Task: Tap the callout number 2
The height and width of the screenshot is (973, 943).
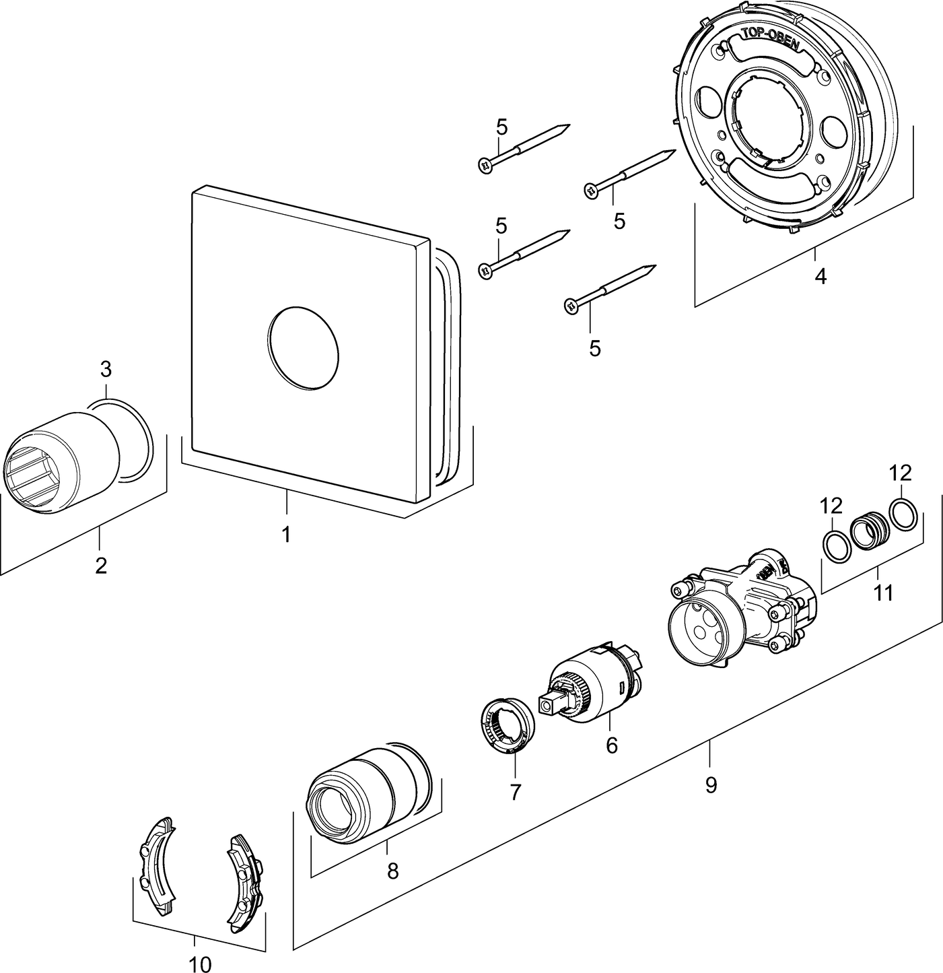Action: pyautogui.click(x=101, y=564)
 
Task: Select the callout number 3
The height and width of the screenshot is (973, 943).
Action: pyautogui.click(x=106, y=369)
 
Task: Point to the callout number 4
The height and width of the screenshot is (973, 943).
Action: pyautogui.click(x=820, y=275)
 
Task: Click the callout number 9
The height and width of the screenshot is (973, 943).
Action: pyautogui.click(x=711, y=784)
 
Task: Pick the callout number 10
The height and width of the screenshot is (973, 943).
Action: pyautogui.click(x=200, y=964)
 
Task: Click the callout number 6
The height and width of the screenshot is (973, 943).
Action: pyautogui.click(x=611, y=745)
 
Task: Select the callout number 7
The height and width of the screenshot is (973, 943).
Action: pyautogui.click(x=515, y=793)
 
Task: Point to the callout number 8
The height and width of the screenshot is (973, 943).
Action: pyautogui.click(x=392, y=871)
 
